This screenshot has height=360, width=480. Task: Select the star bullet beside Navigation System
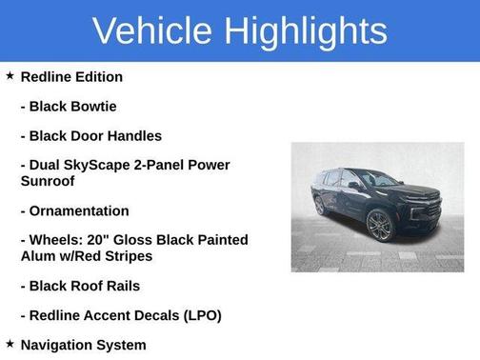coord(10,344)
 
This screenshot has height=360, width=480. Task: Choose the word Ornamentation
coord(79,210)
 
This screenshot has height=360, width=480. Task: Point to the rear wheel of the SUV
coord(319,204)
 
